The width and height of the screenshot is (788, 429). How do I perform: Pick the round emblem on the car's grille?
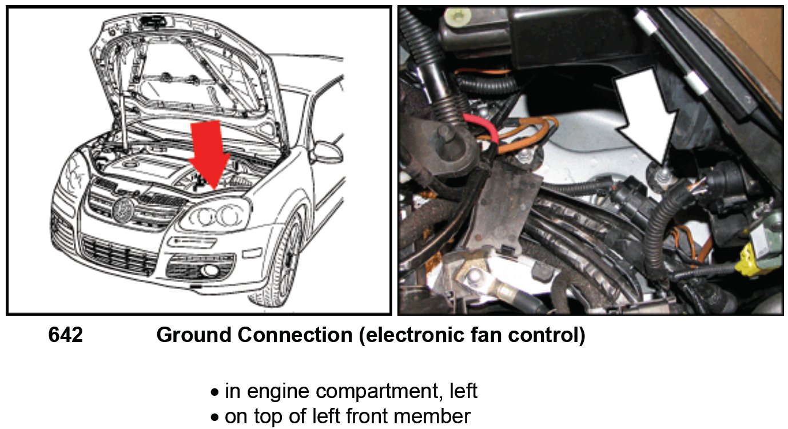click(123, 207)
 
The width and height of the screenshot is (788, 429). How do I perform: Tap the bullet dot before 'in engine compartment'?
click(214, 393)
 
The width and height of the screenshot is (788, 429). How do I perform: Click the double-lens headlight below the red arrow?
click(217, 216)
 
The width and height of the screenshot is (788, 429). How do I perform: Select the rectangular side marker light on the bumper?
click(251, 253)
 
